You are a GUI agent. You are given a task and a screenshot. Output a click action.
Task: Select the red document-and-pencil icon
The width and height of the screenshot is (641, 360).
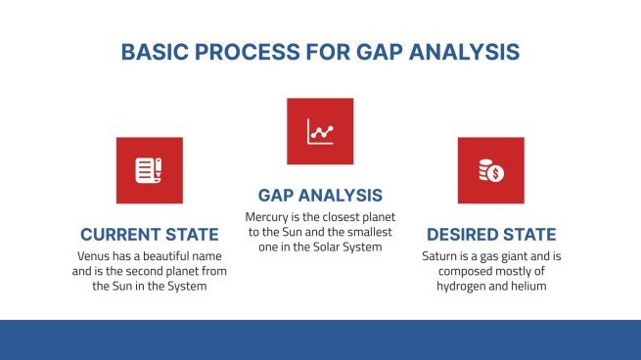[149, 170]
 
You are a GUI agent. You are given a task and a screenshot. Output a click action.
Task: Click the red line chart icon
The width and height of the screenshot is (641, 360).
[320, 131]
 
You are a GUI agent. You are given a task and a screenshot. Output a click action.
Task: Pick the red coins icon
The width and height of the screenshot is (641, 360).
[490, 170]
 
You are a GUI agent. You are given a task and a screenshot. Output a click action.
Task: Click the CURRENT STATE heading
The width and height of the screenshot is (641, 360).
[149, 235]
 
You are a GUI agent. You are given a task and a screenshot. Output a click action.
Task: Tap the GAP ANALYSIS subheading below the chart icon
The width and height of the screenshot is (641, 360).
[320, 195]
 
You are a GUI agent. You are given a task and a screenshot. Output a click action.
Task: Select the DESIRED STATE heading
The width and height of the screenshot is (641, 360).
[491, 235]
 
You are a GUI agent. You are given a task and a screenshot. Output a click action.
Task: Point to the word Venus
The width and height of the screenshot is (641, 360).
[96, 255]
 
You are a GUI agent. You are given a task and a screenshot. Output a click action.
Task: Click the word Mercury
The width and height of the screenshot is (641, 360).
[269, 216]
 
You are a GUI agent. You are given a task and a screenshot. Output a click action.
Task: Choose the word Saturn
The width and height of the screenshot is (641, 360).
[441, 255]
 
